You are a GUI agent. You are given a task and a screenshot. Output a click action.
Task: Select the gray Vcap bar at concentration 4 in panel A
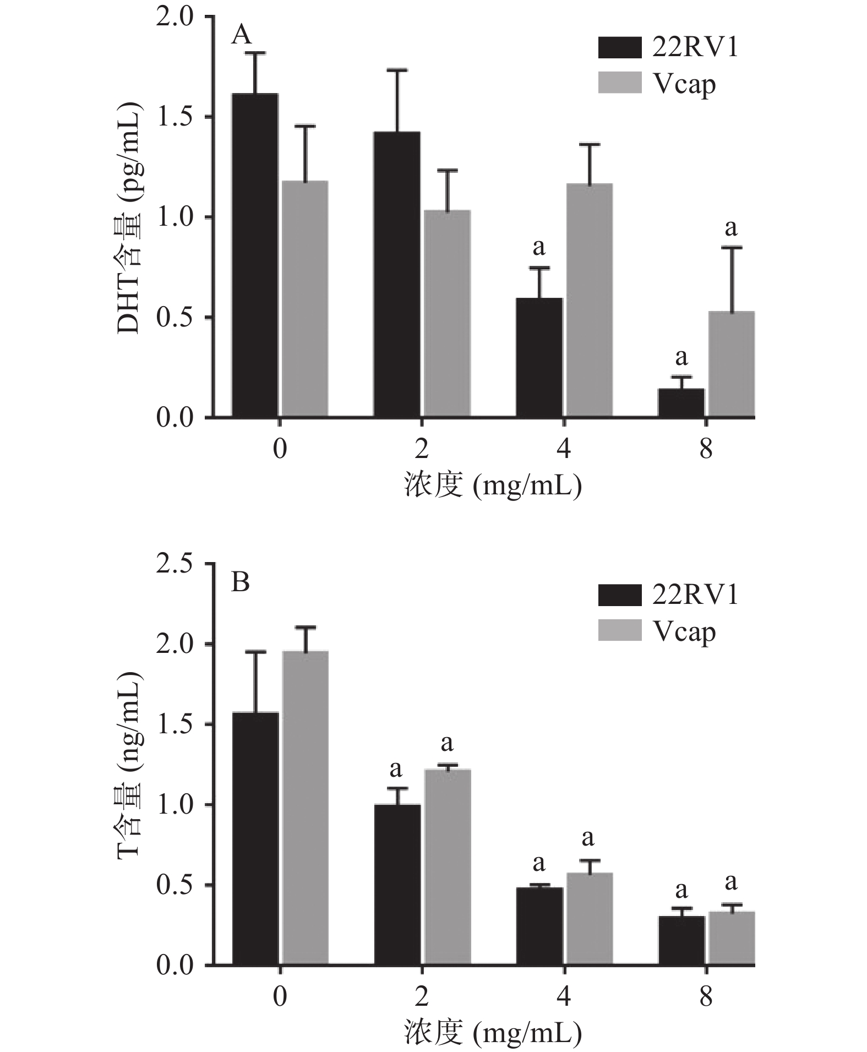pyautogui.click(x=589, y=300)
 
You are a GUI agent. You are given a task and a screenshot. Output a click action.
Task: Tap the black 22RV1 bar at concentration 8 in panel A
pyautogui.click(x=681, y=403)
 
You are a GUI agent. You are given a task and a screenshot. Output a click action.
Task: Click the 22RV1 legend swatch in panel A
pyautogui.click(x=619, y=48)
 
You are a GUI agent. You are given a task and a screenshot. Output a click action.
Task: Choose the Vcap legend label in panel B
pyautogui.click(x=684, y=632)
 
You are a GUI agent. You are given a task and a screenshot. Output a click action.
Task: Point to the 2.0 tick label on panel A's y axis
pyautogui.click(x=175, y=17)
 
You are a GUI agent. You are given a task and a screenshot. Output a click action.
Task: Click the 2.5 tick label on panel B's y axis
pyautogui.click(x=175, y=564)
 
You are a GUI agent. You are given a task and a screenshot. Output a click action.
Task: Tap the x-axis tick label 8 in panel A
pyautogui.click(x=706, y=449)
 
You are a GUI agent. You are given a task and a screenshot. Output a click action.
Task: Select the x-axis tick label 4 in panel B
pyautogui.click(x=564, y=997)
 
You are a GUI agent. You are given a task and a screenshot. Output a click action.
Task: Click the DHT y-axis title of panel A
pyautogui.click(x=130, y=217)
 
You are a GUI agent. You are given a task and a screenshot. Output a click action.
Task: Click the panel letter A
pyautogui.click(x=242, y=36)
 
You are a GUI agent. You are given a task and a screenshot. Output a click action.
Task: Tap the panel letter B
pyautogui.click(x=241, y=582)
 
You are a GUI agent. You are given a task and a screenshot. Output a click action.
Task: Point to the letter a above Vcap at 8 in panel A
pyautogui.click(x=730, y=227)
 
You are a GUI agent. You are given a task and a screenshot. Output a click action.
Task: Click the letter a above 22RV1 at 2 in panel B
pyautogui.click(x=395, y=768)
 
